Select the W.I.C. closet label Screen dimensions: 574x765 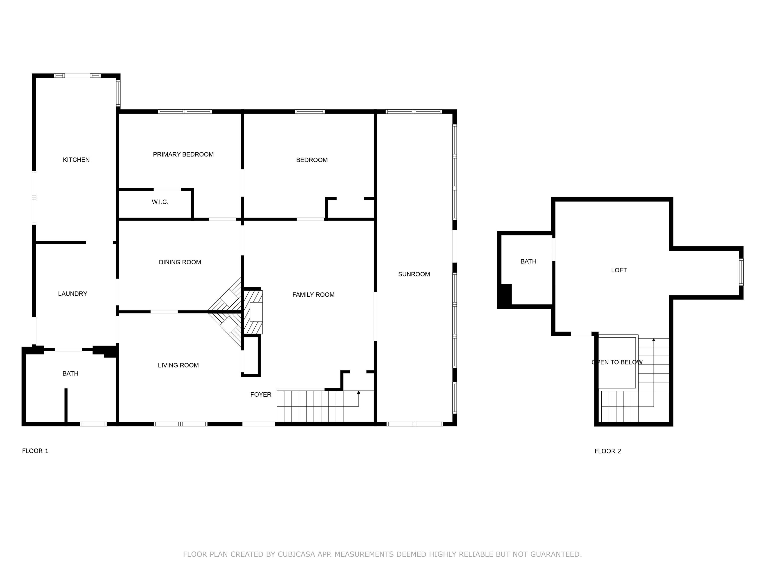click(160, 202)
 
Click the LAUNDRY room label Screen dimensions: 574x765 click(73, 294)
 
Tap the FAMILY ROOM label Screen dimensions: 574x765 click(313, 295)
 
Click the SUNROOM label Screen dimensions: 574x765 click(414, 274)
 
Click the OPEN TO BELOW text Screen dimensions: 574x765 click(617, 362)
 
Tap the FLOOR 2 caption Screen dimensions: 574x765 click(608, 451)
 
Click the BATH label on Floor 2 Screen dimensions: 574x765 click(528, 262)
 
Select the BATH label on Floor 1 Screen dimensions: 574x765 click(70, 374)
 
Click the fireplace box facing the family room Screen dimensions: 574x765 click(256, 312)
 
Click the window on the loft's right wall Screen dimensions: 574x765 click(741, 272)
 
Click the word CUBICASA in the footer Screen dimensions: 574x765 click(296, 554)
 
